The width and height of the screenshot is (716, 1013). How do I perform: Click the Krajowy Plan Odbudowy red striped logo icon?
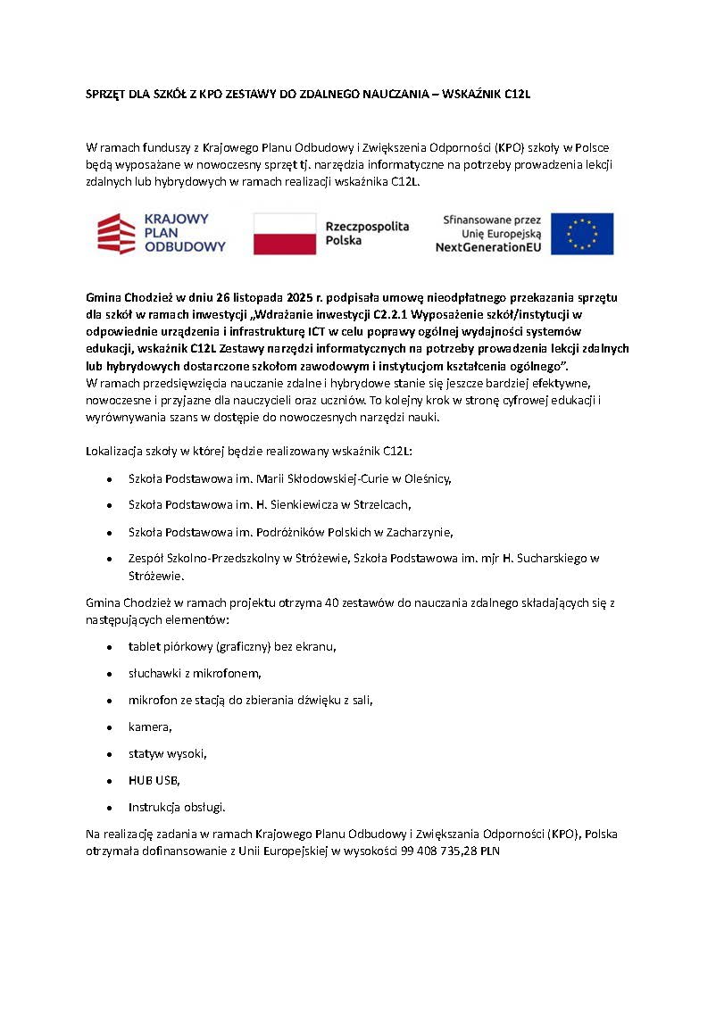118,234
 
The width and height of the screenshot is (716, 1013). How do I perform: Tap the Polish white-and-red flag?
285,234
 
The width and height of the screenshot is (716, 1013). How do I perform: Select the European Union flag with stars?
582,234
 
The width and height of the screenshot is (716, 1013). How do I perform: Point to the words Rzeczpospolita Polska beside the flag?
367,234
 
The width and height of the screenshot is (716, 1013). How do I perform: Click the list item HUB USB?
154,780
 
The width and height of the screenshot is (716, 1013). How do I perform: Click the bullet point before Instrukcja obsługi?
109,808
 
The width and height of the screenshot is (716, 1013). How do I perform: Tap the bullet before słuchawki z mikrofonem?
109,674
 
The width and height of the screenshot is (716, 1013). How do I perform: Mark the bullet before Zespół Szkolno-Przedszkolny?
109,559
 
